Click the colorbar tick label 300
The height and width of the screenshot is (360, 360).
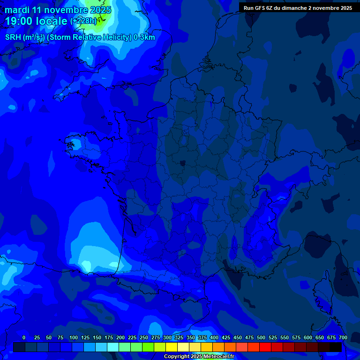tap(167, 337)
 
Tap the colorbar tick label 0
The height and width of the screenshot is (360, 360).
tap(24, 337)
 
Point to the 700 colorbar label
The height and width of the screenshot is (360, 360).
tap(343, 337)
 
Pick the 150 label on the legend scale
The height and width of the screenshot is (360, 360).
tap(97, 337)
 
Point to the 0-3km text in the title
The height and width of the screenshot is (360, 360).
tap(144, 37)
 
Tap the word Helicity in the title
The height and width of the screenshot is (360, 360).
tap(113, 37)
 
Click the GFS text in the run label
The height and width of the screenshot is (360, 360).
tap(261, 8)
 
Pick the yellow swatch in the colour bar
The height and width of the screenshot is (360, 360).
tap(171, 347)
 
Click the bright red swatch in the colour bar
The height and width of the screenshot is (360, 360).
tap(265, 347)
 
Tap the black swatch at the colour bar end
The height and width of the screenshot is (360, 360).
tap(335, 347)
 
